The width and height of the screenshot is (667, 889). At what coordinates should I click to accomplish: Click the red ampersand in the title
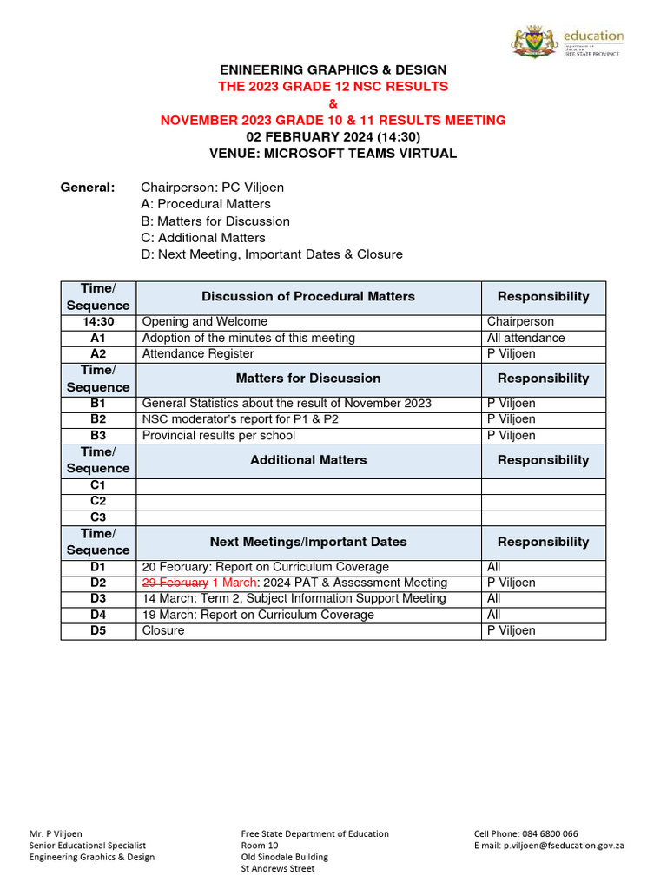(333, 103)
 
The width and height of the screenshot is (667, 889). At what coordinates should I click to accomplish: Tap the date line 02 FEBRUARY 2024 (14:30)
(333, 136)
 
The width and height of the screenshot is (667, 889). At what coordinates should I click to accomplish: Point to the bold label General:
(87, 188)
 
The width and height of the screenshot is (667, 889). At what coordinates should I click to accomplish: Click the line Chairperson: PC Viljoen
(212, 188)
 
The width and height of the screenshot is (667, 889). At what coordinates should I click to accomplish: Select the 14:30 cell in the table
(98, 322)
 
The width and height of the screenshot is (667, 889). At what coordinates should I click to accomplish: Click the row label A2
(98, 354)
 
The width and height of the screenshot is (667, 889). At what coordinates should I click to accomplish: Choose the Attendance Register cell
(198, 354)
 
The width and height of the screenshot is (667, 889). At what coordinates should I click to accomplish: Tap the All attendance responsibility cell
(525, 338)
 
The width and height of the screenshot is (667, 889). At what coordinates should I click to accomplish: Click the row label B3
(98, 436)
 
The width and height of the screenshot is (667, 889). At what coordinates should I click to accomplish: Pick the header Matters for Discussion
(308, 379)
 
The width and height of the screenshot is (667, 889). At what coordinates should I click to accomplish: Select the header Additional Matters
(308, 460)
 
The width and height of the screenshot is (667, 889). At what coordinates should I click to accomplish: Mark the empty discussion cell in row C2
(308, 502)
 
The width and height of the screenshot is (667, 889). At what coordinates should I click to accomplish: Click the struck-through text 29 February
(175, 583)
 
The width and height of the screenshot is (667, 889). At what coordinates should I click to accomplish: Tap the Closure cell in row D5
(163, 631)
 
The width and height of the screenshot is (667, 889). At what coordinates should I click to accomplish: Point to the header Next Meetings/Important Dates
(308, 542)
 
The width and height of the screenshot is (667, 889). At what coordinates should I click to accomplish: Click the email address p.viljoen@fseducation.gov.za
(559, 846)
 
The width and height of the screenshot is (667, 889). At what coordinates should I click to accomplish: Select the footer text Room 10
(260, 846)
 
